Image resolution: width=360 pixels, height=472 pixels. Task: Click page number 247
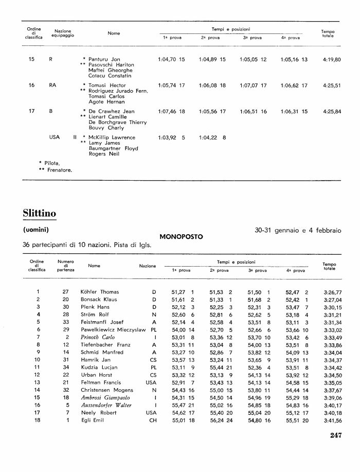tap(336, 435)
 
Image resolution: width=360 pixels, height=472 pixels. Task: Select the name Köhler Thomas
tap(100, 292)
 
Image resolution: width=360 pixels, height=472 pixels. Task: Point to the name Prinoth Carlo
tap(98, 337)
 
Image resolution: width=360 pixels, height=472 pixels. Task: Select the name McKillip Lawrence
tap(112, 137)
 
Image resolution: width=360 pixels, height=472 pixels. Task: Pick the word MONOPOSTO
tap(182, 237)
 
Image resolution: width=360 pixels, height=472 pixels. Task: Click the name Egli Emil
tap(92, 421)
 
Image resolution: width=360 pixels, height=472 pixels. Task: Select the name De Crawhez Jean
tap(112, 111)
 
